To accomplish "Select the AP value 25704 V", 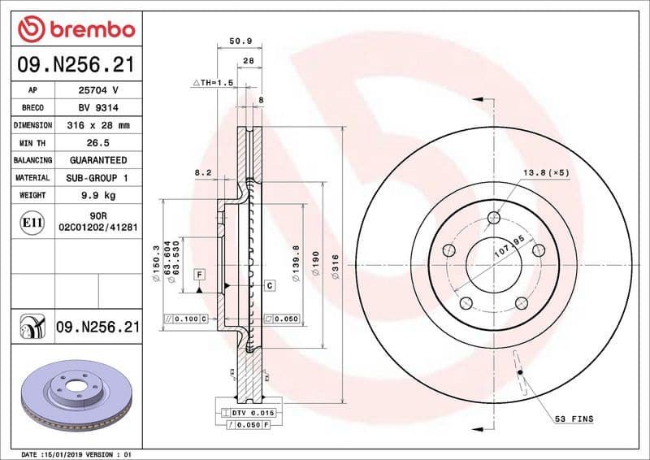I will coord(97,89).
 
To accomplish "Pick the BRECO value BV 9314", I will coord(97,107).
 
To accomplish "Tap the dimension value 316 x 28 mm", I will coord(97,125).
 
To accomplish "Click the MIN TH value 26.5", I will coord(97,143).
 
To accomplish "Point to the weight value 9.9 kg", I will coord(97,195).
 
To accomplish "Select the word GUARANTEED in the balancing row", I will coord(97,160).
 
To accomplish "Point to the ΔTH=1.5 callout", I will coord(212,83).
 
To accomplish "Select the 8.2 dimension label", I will coord(203,172).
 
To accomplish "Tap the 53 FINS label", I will coord(574,419).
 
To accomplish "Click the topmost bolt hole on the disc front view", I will coord(494,217).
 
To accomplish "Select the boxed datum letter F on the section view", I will coord(198,274).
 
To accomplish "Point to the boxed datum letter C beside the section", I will coord(268,284).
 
